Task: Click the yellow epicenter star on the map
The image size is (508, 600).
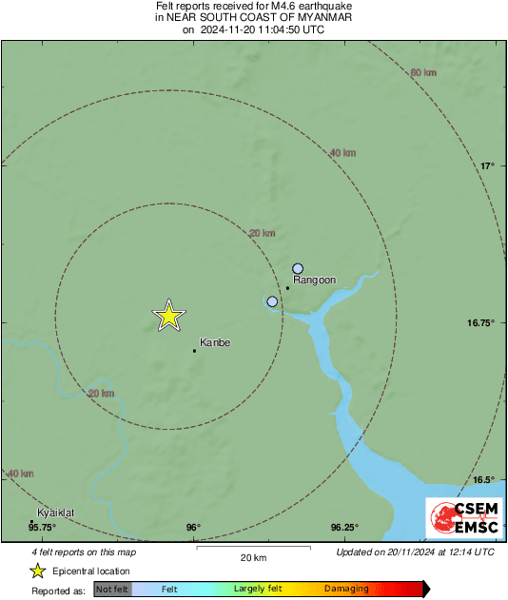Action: [168, 315]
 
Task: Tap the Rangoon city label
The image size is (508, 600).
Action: [315, 280]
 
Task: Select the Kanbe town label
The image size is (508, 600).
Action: [215, 342]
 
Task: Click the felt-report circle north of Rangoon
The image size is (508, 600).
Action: [298, 269]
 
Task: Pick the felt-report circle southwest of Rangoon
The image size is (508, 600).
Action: [273, 301]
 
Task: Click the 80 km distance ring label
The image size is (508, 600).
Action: [423, 73]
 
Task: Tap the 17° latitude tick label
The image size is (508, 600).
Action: [487, 165]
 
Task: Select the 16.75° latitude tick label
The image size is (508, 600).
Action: [481, 323]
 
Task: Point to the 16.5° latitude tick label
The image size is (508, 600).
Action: [484, 480]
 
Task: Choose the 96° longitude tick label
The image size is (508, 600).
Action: [193, 527]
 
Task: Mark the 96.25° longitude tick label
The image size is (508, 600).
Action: [344, 527]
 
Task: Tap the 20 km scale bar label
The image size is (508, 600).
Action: [253, 557]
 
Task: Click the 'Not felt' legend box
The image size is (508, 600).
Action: [111, 590]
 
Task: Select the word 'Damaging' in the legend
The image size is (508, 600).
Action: [347, 590]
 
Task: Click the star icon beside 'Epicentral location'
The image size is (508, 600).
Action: [37, 571]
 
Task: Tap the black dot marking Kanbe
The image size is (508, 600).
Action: [195, 351]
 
